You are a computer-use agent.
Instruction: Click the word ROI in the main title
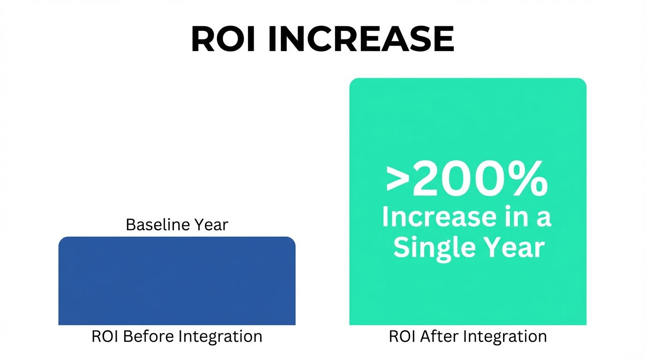point(223,39)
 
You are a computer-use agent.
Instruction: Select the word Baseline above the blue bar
point(153,225)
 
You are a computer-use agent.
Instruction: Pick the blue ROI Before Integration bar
point(177,281)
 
